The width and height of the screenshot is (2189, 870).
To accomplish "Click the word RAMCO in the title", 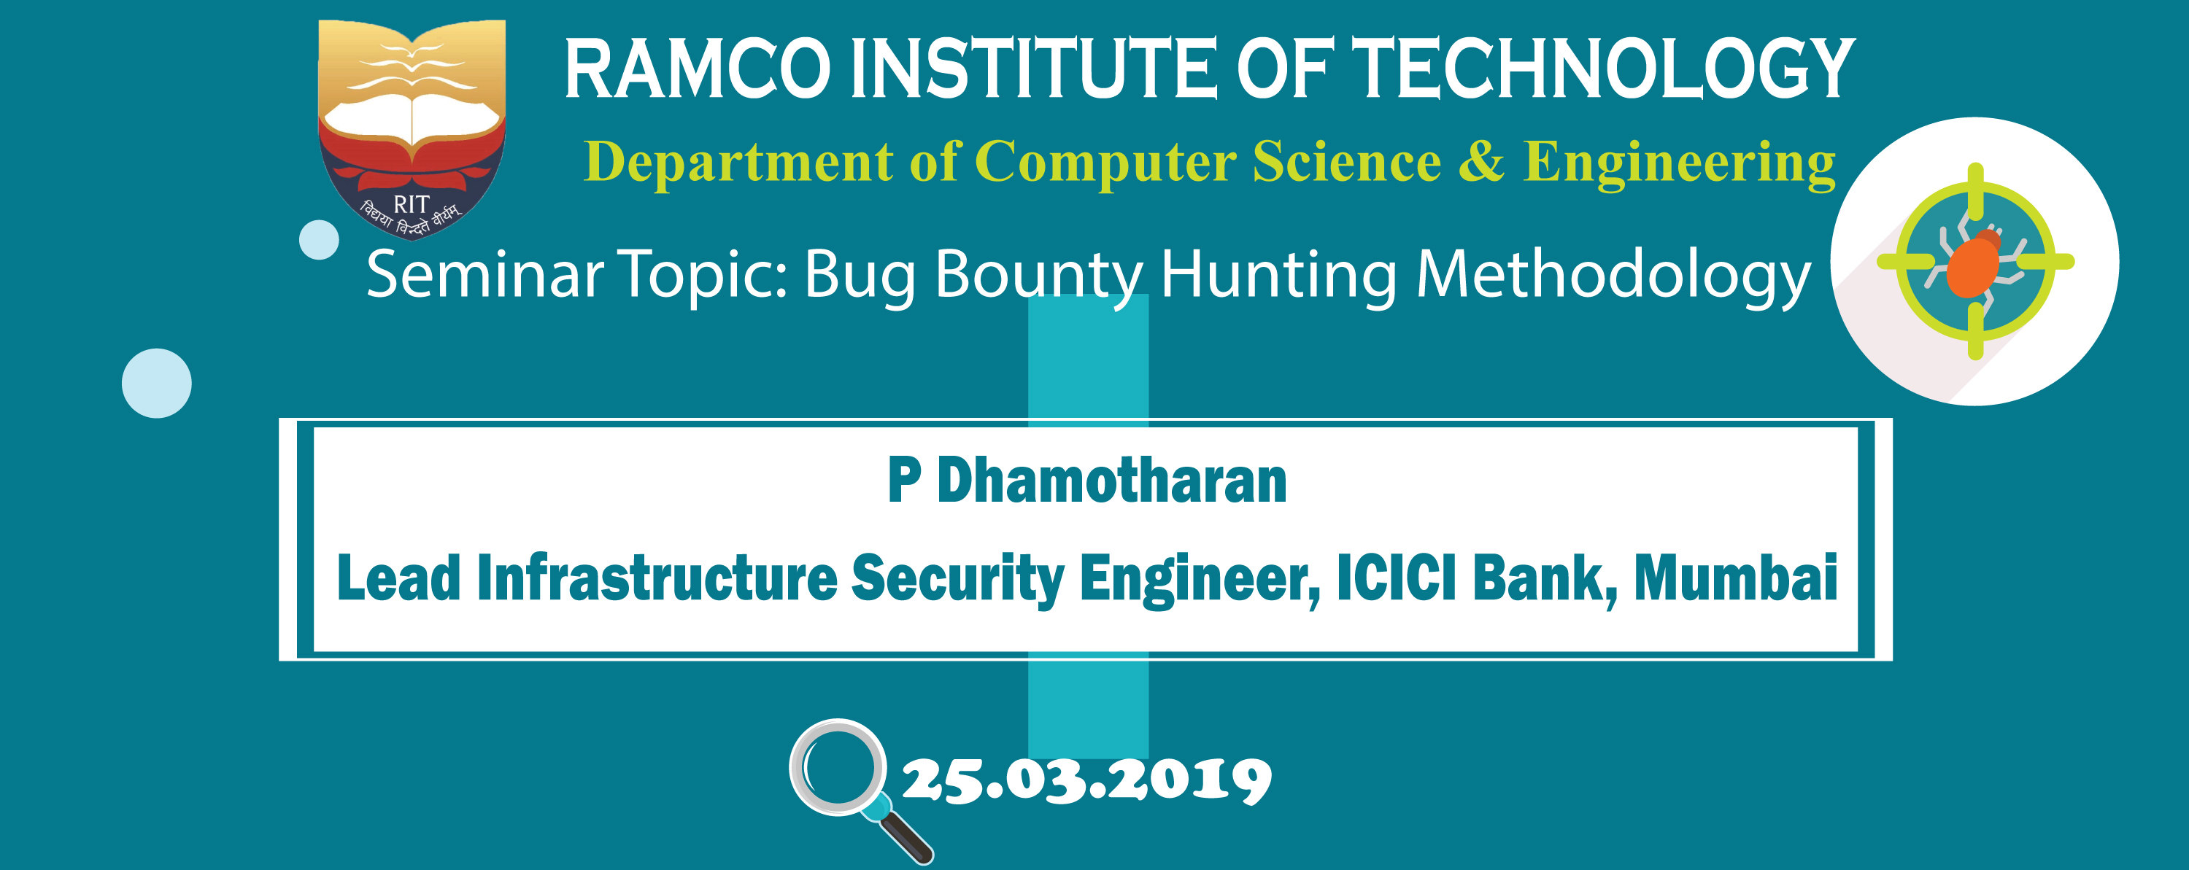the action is (x=698, y=68).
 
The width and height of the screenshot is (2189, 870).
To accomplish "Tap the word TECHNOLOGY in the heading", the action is (x=1602, y=68).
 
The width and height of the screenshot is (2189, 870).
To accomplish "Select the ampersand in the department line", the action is (x=1481, y=161).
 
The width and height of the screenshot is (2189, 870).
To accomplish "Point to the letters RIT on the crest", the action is (x=412, y=205).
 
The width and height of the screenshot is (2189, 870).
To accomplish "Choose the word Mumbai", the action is (x=1736, y=578).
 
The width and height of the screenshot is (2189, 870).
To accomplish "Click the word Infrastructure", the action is (x=657, y=578).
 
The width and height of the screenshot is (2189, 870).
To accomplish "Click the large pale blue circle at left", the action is (x=156, y=383).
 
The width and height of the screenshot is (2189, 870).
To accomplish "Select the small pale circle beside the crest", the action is (x=320, y=240).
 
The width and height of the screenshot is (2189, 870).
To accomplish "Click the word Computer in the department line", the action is (x=1105, y=164).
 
